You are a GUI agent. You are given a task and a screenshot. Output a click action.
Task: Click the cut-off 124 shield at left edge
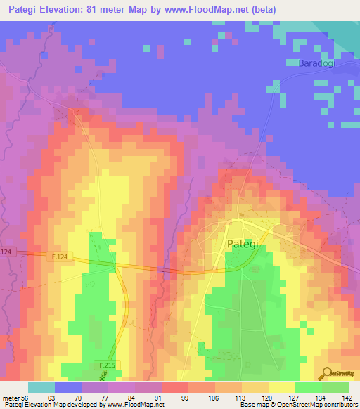pos(6,252)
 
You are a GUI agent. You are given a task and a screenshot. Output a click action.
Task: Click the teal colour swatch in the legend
pos(41,387)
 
